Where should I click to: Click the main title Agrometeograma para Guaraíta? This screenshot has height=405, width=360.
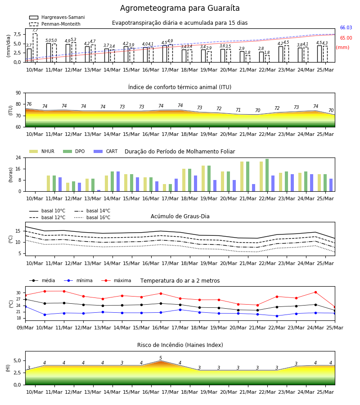click(180, 8)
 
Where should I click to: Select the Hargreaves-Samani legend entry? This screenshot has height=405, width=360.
click(57, 17)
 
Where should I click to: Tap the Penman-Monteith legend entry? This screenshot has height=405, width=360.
click(55, 24)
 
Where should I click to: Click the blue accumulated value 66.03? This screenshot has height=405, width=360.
click(346, 27)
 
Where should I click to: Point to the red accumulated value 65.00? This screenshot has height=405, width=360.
click(346, 38)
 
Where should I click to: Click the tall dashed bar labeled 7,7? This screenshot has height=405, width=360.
click(35, 48)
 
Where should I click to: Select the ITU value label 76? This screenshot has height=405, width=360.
click(29, 104)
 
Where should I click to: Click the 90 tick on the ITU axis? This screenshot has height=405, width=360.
click(18, 93)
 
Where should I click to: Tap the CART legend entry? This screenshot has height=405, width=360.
click(106, 151)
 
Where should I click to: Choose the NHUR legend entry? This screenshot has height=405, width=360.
click(42, 151)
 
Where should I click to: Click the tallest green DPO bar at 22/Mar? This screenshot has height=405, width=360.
click(267, 175)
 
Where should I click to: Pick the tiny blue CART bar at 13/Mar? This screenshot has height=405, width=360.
click(99, 191)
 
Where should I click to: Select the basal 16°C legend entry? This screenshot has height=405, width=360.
click(92, 217)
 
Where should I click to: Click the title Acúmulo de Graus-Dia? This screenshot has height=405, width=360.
click(180, 216)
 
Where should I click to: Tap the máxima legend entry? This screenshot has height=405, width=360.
click(116, 280)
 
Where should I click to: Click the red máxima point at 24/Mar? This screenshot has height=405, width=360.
click(315, 292)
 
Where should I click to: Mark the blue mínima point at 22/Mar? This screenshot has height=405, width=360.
click(277, 316)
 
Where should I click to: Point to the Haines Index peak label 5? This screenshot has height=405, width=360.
click(161, 358)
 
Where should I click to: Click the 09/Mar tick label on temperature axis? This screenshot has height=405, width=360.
click(25, 328)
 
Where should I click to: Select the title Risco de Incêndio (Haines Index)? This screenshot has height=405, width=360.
click(180, 345)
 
